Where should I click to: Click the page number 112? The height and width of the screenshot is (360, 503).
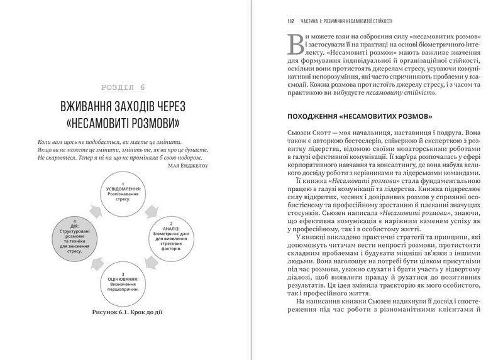[x=290, y=21]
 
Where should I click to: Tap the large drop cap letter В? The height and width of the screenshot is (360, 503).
[x=295, y=45]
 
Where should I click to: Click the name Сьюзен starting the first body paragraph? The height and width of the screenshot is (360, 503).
[x=299, y=134]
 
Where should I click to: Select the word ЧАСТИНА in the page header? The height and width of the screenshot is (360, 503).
[x=312, y=21]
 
